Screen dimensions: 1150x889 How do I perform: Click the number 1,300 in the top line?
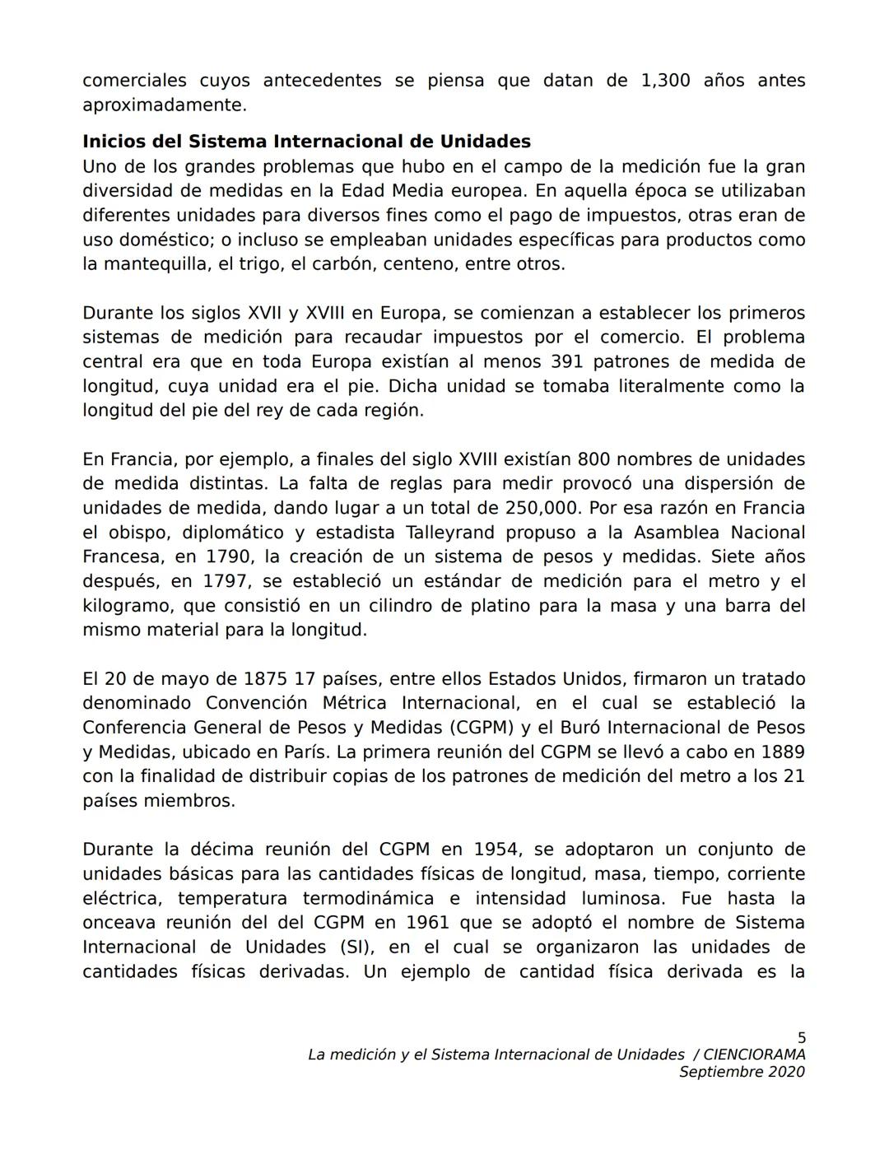pos(665,81)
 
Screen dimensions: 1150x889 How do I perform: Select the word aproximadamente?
pos(164,105)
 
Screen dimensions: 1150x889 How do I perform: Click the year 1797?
pos(226,581)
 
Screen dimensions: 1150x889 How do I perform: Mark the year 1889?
pos(782,752)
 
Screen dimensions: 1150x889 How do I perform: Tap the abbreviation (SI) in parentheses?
pos(351,947)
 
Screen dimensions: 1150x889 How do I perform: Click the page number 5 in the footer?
pos(801,1038)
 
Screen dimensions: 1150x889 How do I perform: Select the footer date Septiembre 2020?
pos(742,1072)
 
